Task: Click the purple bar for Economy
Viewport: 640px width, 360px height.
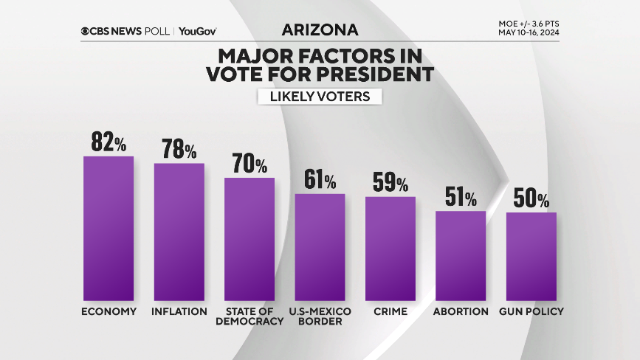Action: pyautogui.click(x=109, y=229)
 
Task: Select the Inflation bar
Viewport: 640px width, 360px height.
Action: pyautogui.click(x=179, y=232)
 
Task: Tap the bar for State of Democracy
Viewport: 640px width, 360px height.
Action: pyautogui.click(x=250, y=240)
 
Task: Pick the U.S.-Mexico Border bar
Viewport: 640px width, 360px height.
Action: pyautogui.click(x=320, y=247)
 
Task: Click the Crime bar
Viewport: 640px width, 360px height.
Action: pyautogui.click(x=390, y=249)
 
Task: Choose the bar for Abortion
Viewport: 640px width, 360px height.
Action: pyautogui.click(x=461, y=256)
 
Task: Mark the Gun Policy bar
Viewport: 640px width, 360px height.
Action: pyautogui.click(x=531, y=257)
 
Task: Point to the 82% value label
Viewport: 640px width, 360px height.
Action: pyautogui.click(x=109, y=142)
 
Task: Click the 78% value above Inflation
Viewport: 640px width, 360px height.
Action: pyautogui.click(x=179, y=150)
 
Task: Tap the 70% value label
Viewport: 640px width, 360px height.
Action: pyautogui.click(x=250, y=164)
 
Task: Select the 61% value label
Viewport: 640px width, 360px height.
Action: pyautogui.click(x=320, y=180)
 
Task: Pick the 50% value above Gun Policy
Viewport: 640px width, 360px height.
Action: pyautogui.click(x=531, y=198)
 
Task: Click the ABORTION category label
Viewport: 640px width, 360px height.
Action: pyautogui.click(x=461, y=311)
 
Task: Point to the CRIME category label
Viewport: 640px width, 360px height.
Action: pyautogui.click(x=390, y=311)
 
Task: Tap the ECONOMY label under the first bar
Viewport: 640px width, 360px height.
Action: pyautogui.click(x=109, y=311)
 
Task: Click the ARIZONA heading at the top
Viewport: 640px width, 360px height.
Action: pyautogui.click(x=320, y=30)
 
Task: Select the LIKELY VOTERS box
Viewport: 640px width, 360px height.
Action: pyautogui.click(x=320, y=97)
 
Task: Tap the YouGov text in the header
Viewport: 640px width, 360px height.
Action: pyautogui.click(x=197, y=31)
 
